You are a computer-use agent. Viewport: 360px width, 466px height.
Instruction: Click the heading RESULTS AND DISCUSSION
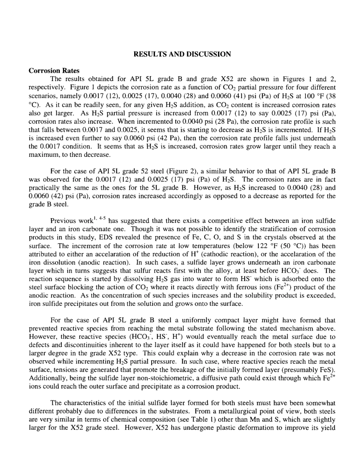coord(182,54)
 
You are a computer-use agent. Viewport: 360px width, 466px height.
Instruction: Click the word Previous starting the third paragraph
coord(63,221)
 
